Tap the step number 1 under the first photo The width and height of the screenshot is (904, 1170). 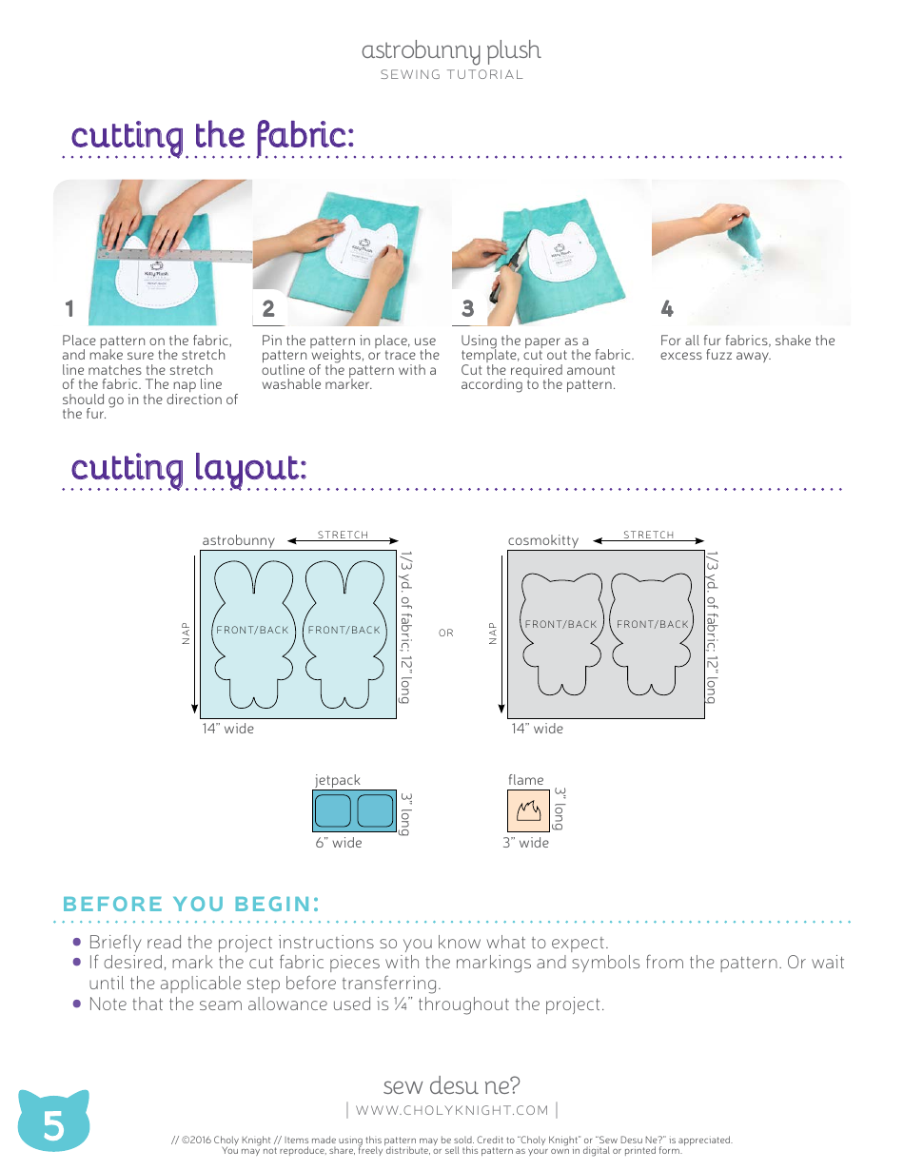(x=69, y=309)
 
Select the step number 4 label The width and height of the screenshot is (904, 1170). (x=667, y=309)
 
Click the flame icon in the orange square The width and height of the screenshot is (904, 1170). (x=527, y=811)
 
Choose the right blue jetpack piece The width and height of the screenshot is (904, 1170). (x=374, y=810)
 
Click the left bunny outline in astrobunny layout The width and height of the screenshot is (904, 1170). (x=252, y=633)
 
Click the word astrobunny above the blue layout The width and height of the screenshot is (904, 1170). (x=238, y=540)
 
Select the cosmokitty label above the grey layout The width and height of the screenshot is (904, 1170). (x=543, y=540)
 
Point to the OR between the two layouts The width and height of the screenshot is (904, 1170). (x=446, y=634)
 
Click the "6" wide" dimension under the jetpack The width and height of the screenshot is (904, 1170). (x=339, y=843)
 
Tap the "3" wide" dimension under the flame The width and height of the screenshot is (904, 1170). (x=526, y=843)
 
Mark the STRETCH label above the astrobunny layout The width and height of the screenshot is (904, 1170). (x=343, y=536)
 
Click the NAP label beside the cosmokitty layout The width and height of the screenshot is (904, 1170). (x=493, y=633)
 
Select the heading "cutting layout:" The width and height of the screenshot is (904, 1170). (x=188, y=468)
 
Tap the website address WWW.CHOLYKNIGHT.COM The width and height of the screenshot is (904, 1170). (x=452, y=1110)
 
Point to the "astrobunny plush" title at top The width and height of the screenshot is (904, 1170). (x=451, y=50)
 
